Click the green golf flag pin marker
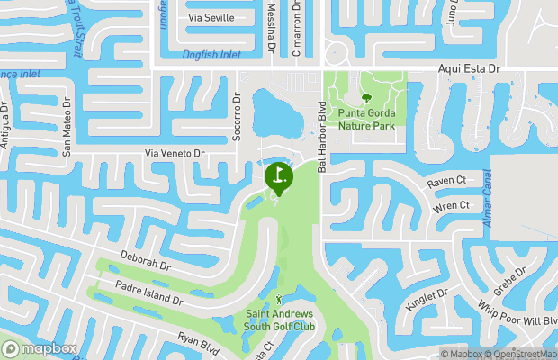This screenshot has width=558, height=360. (x=278, y=176)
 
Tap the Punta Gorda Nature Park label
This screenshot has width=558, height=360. (x=366, y=120)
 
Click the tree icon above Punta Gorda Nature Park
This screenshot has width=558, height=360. (x=366, y=98)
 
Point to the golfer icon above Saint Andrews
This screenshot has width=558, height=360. (x=279, y=299)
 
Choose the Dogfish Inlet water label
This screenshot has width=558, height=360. (x=211, y=55)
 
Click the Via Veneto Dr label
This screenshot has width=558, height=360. (x=175, y=154)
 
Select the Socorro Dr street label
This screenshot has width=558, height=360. (x=238, y=114)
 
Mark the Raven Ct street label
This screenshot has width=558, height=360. (x=446, y=181)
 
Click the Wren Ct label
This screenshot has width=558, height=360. (x=452, y=206)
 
